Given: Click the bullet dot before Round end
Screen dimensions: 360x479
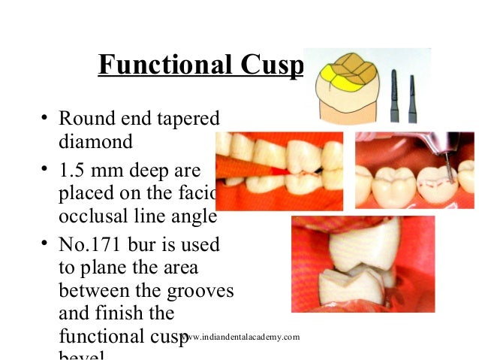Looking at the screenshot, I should tap(44, 118).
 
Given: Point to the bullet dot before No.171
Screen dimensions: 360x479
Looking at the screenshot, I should tap(44, 245).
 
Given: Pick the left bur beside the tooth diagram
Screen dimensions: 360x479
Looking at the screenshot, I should tap(395, 94).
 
